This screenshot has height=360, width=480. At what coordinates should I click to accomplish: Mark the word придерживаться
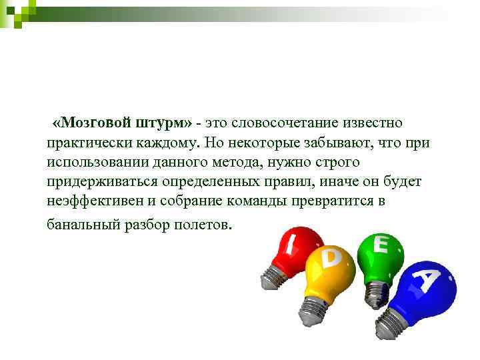pyautogui.click(x=99, y=181)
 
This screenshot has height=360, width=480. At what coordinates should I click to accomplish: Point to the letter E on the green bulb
pyautogui.click(x=381, y=245)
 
